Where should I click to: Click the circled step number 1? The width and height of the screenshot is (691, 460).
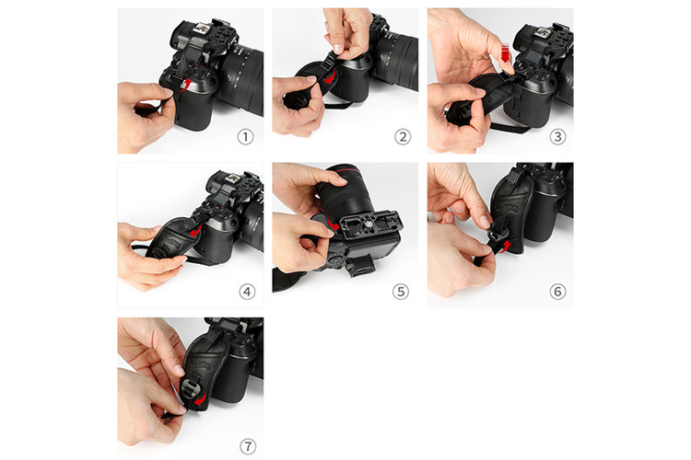click(245, 137)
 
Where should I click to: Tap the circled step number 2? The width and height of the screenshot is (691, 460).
click(403, 137)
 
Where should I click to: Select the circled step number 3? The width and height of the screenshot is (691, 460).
click(557, 137)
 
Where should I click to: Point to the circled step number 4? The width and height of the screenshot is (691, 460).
click(247, 292)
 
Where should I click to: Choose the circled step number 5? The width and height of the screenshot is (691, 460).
click(400, 292)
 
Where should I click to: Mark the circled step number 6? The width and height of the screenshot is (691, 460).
click(557, 292)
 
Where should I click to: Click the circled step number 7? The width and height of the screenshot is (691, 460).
click(248, 446)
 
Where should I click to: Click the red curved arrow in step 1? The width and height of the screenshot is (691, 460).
click(187, 85)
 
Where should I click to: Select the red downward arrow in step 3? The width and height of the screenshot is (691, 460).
click(505, 52)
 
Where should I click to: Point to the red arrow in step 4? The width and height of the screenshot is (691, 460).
click(195, 230)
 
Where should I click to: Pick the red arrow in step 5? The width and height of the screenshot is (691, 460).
click(334, 224)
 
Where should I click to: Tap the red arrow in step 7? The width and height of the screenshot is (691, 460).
click(201, 400)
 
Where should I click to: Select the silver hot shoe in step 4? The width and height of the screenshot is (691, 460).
click(231, 179)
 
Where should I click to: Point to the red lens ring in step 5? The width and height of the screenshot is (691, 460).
click(347, 169)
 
